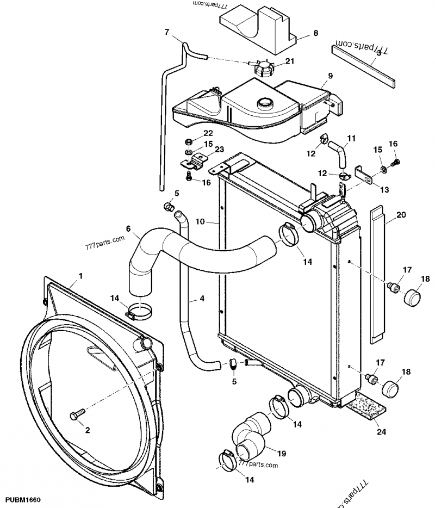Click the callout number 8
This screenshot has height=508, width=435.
click(x=315, y=33)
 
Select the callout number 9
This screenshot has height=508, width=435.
click(x=330, y=75)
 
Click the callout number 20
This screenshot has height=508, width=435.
click(x=401, y=215)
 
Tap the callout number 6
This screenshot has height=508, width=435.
click(x=128, y=228)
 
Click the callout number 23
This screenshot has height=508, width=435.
click(x=204, y=150)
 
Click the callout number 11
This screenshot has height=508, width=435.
click(x=351, y=139)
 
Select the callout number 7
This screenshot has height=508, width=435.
click(x=167, y=32)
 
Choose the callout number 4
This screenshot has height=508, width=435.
click(x=202, y=299)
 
